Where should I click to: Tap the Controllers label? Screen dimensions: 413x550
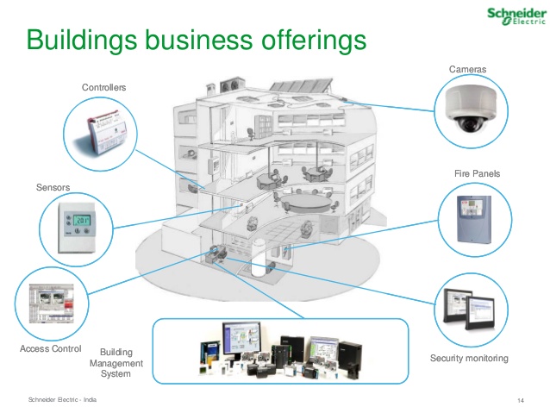point(104,87)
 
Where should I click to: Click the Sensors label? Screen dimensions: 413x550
point(53,186)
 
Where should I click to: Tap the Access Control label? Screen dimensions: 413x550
point(50,349)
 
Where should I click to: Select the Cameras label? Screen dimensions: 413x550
point(469,68)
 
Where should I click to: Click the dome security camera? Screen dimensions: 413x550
point(470,110)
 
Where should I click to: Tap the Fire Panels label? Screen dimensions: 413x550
point(477,173)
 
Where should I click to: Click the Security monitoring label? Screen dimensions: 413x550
point(469,358)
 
